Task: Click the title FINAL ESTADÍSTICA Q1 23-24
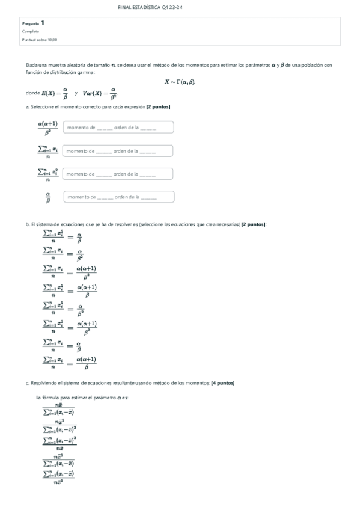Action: (180, 7)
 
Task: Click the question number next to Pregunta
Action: (43, 23)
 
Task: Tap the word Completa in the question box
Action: (31, 31)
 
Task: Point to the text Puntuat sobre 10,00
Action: (40, 40)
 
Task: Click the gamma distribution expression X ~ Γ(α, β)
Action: (180, 82)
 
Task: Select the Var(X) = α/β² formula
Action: (99, 93)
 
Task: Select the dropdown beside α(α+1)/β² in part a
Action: (118, 127)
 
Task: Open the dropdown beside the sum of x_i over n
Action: (118, 150)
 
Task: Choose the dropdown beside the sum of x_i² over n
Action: (118, 174)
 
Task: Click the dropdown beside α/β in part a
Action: (118, 197)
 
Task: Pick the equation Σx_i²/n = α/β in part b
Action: (63, 237)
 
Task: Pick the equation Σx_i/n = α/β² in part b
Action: (63, 254)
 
